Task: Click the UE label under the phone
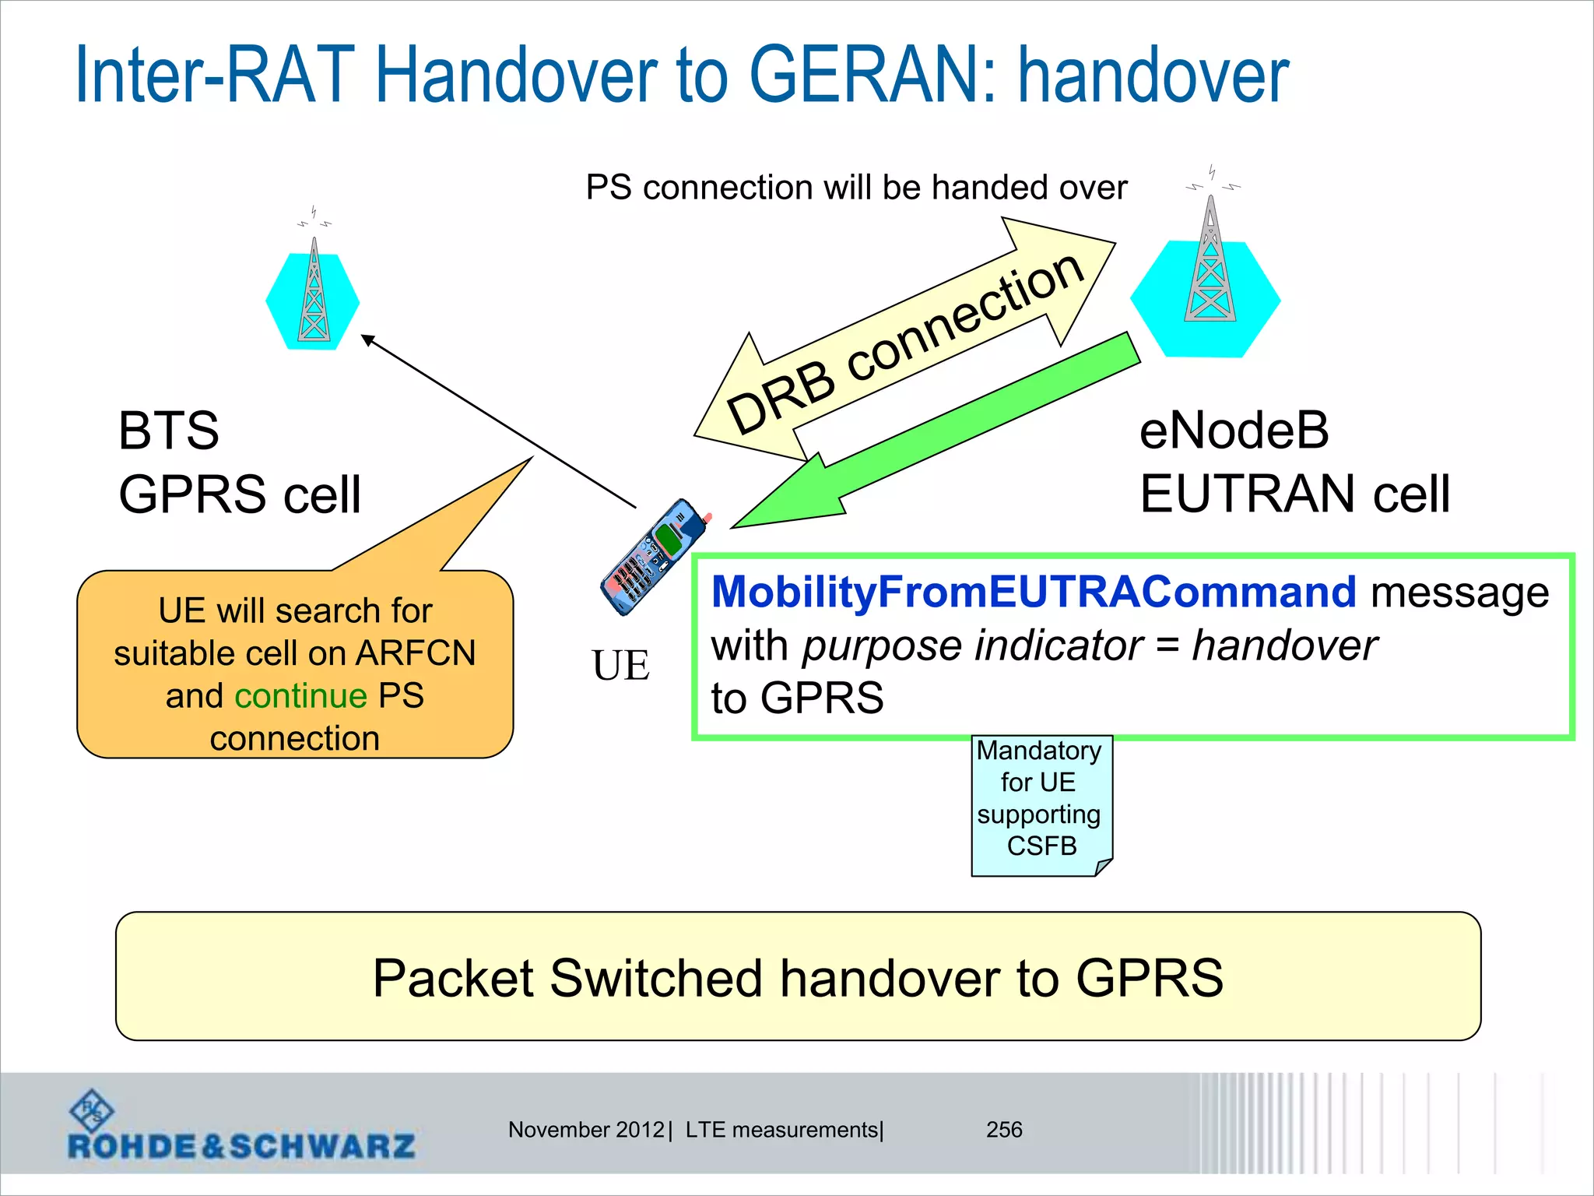620,666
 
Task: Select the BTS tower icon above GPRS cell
314,292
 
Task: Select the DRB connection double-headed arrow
903,343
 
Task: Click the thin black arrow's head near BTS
367,339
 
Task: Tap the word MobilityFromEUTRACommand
1034,592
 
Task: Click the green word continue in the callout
300,695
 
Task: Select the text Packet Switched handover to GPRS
797,978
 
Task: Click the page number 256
1004,1129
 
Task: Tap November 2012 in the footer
585,1129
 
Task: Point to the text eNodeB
1234,430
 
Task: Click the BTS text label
168,430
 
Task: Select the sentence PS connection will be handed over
856,188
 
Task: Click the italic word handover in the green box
1284,645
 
